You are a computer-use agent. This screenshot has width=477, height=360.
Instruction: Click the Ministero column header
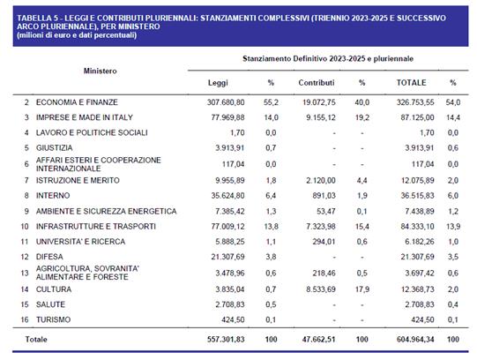[101, 71]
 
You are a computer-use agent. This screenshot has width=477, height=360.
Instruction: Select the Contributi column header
[317, 82]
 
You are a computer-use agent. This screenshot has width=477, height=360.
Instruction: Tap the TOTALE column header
[411, 82]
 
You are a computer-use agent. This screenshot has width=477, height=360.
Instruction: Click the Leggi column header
[218, 83]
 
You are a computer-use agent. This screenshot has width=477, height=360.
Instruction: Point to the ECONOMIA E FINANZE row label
[77, 102]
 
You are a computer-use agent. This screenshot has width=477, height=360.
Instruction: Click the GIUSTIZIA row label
[55, 148]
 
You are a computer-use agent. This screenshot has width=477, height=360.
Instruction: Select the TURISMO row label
[53, 319]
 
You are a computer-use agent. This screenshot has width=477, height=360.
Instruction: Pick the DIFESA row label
[49, 257]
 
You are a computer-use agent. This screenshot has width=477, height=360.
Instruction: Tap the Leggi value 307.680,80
[226, 102]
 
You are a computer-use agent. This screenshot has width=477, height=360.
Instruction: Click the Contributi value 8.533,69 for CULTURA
[321, 289]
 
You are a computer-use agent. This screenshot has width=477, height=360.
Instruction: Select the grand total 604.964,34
[415, 340]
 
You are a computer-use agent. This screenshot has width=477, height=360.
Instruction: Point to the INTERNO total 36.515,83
[417, 195]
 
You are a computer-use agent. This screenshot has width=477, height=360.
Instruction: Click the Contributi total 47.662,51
[319, 340]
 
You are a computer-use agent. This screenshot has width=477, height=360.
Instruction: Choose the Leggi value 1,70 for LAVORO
[237, 132]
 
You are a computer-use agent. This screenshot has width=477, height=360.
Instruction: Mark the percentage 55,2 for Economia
[271, 102]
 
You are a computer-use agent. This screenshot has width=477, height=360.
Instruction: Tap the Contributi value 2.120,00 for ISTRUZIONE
[321, 181]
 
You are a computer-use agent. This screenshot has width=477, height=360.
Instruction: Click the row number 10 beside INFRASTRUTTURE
[25, 227]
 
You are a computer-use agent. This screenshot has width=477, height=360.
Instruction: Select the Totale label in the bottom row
[36, 340]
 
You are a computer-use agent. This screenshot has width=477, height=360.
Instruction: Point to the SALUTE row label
[50, 304]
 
